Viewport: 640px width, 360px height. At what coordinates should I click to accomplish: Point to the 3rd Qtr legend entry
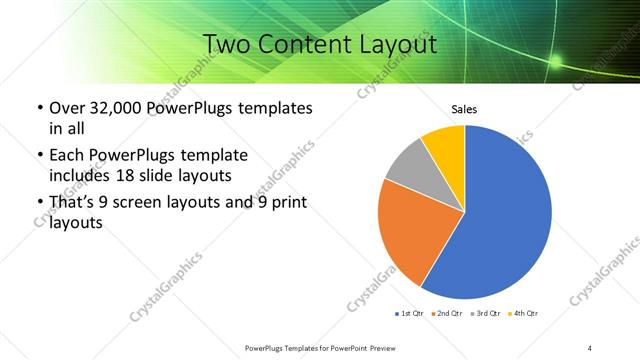click(x=487, y=313)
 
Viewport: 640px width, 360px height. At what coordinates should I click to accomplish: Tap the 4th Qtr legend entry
click(x=526, y=313)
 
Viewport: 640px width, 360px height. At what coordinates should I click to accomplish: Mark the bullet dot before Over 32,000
click(x=39, y=108)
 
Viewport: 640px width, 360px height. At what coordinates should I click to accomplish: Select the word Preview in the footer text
click(x=380, y=347)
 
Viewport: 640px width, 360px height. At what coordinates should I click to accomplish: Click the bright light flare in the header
click(x=555, y=63)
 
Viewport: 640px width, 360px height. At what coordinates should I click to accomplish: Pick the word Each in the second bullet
click(x=66, y=155)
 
